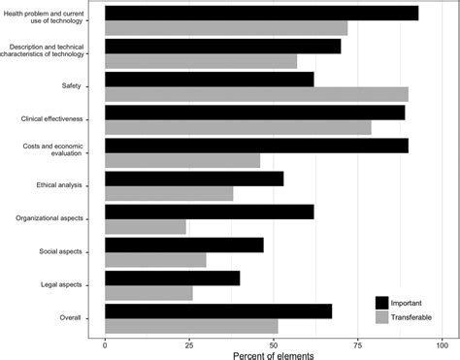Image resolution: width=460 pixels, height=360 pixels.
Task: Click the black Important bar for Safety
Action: [209, 79]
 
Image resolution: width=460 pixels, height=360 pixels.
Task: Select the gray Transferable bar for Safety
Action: [256, 94]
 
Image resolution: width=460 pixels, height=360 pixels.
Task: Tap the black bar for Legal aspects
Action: [172, 278]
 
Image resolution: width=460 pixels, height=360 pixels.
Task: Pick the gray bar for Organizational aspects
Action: [145, 227]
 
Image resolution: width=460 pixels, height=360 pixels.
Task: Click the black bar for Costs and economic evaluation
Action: [256, 145]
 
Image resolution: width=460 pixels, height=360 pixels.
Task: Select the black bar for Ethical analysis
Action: [194, 179]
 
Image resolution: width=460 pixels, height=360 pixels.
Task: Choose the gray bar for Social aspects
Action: [155, 260]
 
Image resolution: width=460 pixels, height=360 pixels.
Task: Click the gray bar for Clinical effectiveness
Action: [238, 127]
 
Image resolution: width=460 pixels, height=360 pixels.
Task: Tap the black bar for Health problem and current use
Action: [261, 13]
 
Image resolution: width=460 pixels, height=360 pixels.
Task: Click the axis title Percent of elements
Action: [273, 354]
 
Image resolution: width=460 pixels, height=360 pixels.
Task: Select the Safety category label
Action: [71, 86]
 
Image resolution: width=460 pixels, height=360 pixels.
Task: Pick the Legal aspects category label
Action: [59, 284]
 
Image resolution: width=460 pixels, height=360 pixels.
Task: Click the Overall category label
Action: [70, 317]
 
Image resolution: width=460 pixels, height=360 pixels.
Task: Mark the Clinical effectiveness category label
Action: [51, 119]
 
